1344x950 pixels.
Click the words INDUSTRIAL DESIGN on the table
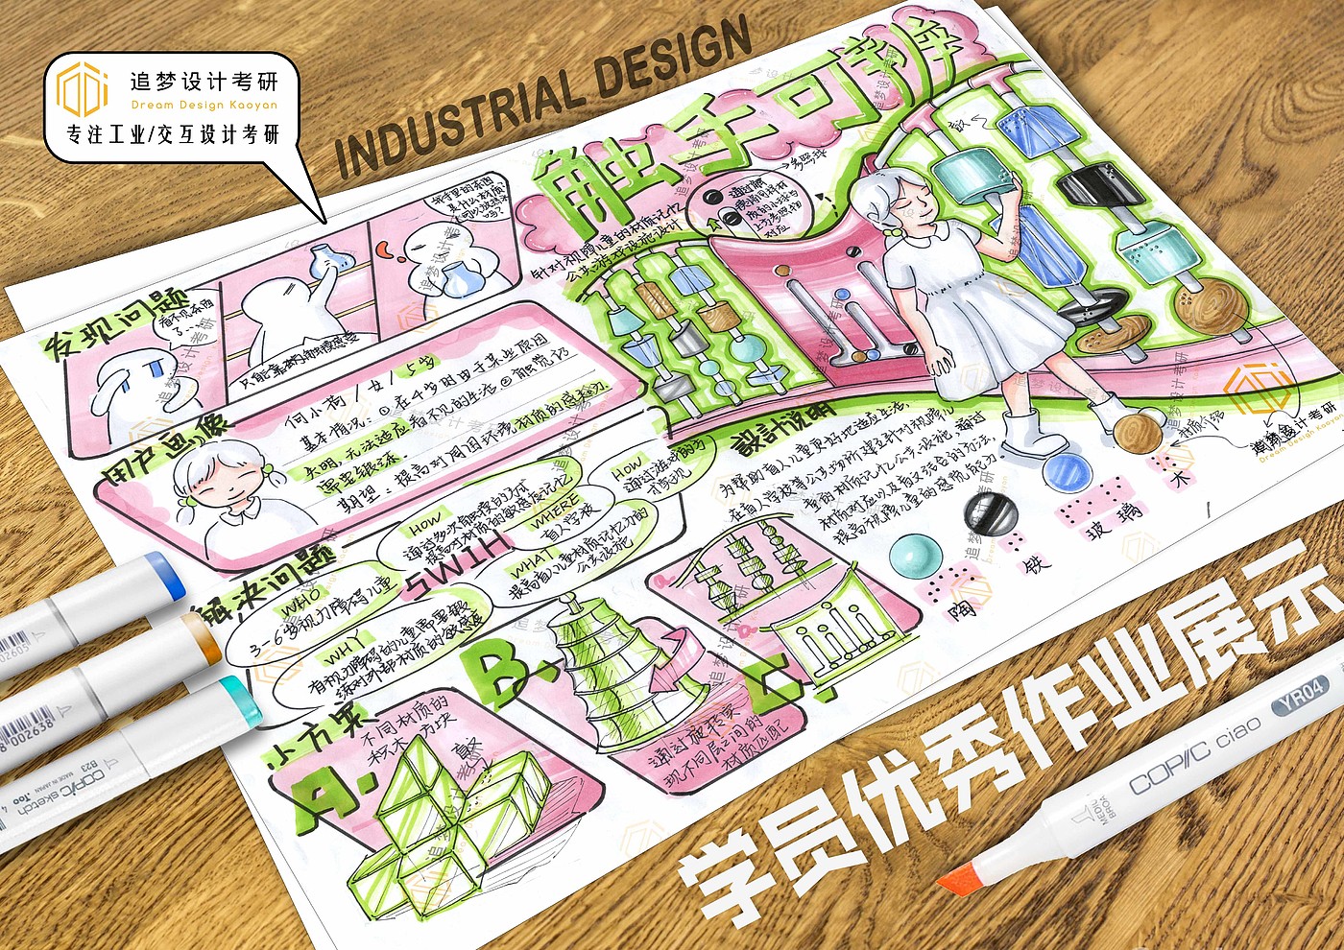pos(542,96)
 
